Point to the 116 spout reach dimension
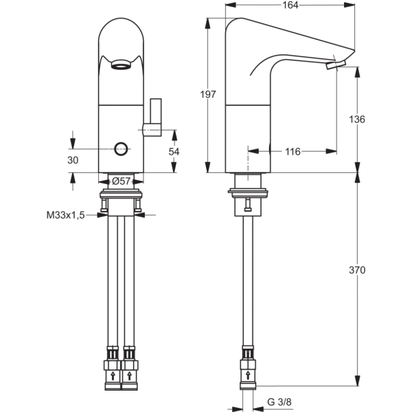click(292, 151)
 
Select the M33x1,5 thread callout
click(66, 215)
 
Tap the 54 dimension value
click(174, 151)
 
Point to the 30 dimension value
click(73, 159)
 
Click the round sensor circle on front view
click(122, 148)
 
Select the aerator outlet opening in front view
click(121, 67)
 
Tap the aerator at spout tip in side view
click(337, 65)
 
